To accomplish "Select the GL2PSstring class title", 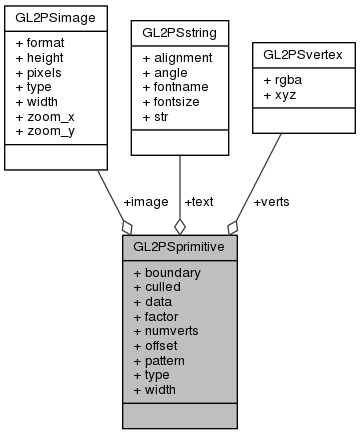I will coord(180,33).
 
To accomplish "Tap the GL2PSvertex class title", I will coord(302,50).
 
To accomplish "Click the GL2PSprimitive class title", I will coord(179,245).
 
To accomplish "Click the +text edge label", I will coord(199,201).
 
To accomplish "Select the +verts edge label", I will coord(272,201).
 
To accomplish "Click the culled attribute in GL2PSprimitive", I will coord(161,286).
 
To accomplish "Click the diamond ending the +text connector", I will coord(179,226).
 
